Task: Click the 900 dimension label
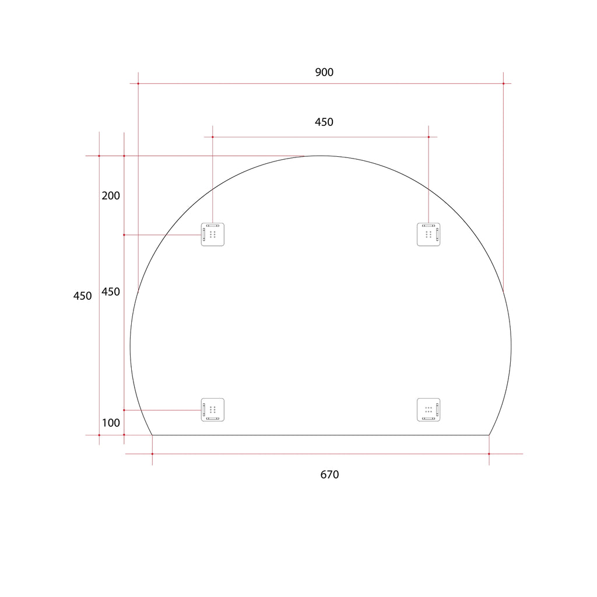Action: click(324, 72)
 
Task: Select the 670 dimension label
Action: click(329, 475)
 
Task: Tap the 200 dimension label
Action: click(111, 196)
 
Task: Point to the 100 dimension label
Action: click(111, 423)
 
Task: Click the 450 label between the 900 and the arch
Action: click(324, 122)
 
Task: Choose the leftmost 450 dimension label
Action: click(82, 296)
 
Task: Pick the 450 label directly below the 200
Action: click(111, 292)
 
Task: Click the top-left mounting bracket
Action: click(212, 234)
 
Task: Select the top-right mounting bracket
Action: click(429, 234)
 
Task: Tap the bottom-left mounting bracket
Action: click(212, 410)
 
